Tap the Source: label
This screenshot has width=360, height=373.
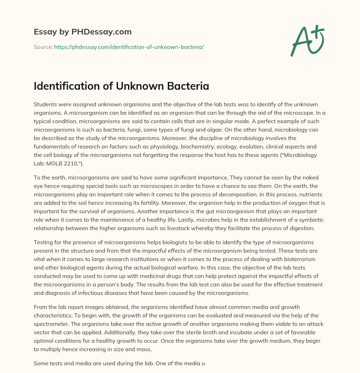pyautogui.click(x=43, y=47)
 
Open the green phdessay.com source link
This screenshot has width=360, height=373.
pyautogui.click(x=129, y=47)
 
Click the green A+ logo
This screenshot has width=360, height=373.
pyautogui.click(x=307, y=41)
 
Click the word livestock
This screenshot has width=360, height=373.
pyautogui.click(x=201, y=228)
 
